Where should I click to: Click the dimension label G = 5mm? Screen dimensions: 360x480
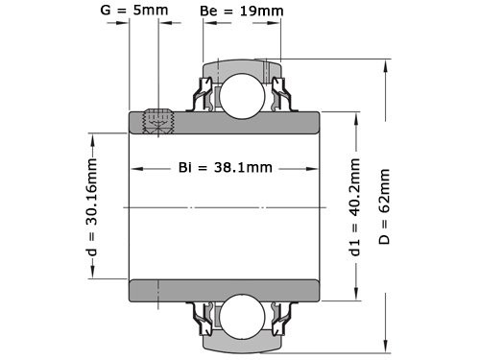pos(134,12)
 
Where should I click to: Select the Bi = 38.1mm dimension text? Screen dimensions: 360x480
pos(226,167)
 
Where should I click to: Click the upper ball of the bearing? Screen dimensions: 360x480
pos(240,92)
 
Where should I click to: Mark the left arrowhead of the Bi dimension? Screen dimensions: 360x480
pos(135,168)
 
